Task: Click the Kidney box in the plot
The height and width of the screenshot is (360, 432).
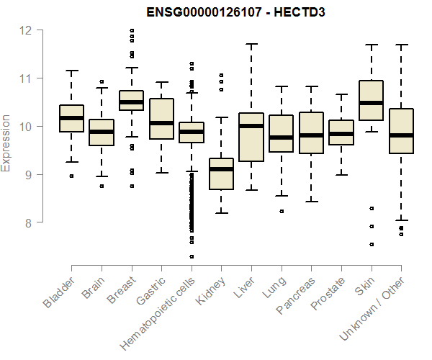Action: click(x=221, y=174)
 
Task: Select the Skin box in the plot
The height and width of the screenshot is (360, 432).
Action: click(x=371, y=110)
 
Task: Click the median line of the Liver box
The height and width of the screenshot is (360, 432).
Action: click(x=251, y=126)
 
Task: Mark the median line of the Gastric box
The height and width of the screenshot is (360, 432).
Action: click(x=161, y=123)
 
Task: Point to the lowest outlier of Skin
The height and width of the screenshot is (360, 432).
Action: click(x=372, y=244)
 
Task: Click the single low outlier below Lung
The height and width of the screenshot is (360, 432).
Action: click(x=282, y=211)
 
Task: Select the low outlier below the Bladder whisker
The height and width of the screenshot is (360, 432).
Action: click(x=71, y=176)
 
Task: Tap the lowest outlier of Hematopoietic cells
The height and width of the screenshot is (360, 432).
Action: click(x=192, y=256)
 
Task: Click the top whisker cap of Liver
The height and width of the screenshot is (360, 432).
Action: click(x=251, y=44)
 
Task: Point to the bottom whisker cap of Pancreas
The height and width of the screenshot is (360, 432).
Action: click(x=311, y=202)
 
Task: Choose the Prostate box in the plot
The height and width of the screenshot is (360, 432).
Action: click(x=341, y=132)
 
